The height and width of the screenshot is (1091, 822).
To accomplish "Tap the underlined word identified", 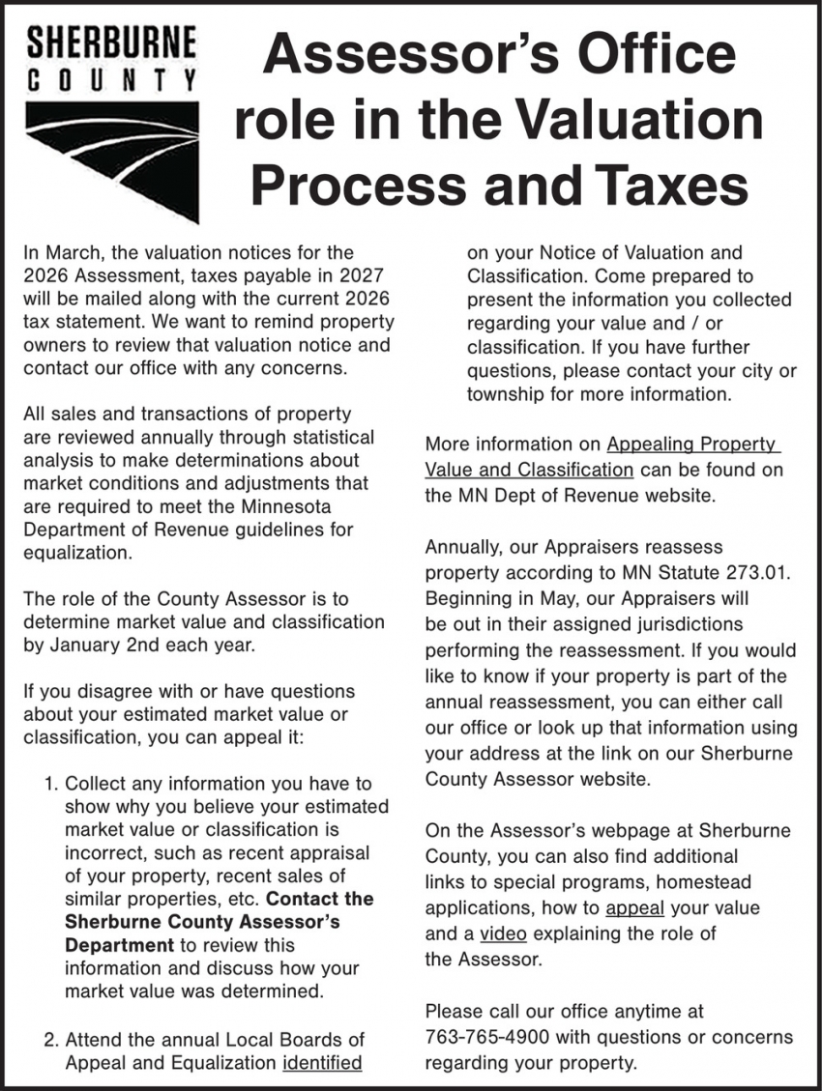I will point(322,1063).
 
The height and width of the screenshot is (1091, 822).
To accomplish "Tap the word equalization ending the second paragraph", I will point(74,553).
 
